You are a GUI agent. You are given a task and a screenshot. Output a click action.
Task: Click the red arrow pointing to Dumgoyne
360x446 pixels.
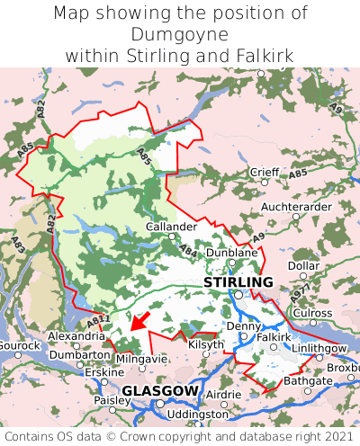coord(137,320)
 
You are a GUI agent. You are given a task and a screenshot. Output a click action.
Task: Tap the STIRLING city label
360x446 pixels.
coord(238,282)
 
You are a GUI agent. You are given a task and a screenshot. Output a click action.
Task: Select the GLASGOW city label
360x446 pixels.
coord(159,390)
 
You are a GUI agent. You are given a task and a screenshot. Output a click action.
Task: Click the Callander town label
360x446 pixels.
coord(171,227)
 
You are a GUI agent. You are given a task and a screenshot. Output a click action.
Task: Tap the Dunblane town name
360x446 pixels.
coord(231,254)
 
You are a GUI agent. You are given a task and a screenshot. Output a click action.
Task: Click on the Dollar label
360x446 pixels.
coord(303,266)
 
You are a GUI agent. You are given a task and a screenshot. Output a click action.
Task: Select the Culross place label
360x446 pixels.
coord(312,312)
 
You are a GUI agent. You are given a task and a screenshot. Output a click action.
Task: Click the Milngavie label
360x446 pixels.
coord(141,359)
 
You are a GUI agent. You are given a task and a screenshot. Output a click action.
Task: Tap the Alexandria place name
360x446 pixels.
coord(76,335)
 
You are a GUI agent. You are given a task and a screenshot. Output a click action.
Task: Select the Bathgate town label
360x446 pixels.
coord(308,381)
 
